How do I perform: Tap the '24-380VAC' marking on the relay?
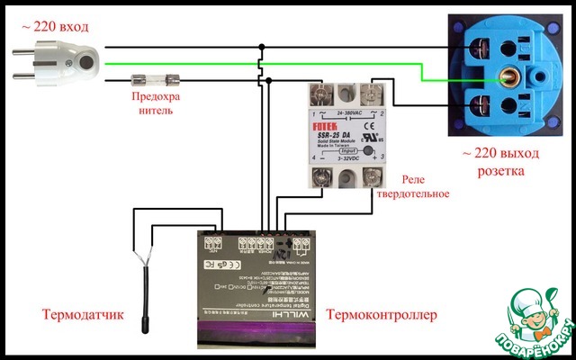(x=346, y=114)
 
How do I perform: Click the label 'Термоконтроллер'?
(x=381, y=315)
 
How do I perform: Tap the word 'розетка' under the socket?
(x=503, y=170)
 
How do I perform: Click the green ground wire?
(x=270, y=64)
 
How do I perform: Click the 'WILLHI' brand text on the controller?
(x=270, y=314)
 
